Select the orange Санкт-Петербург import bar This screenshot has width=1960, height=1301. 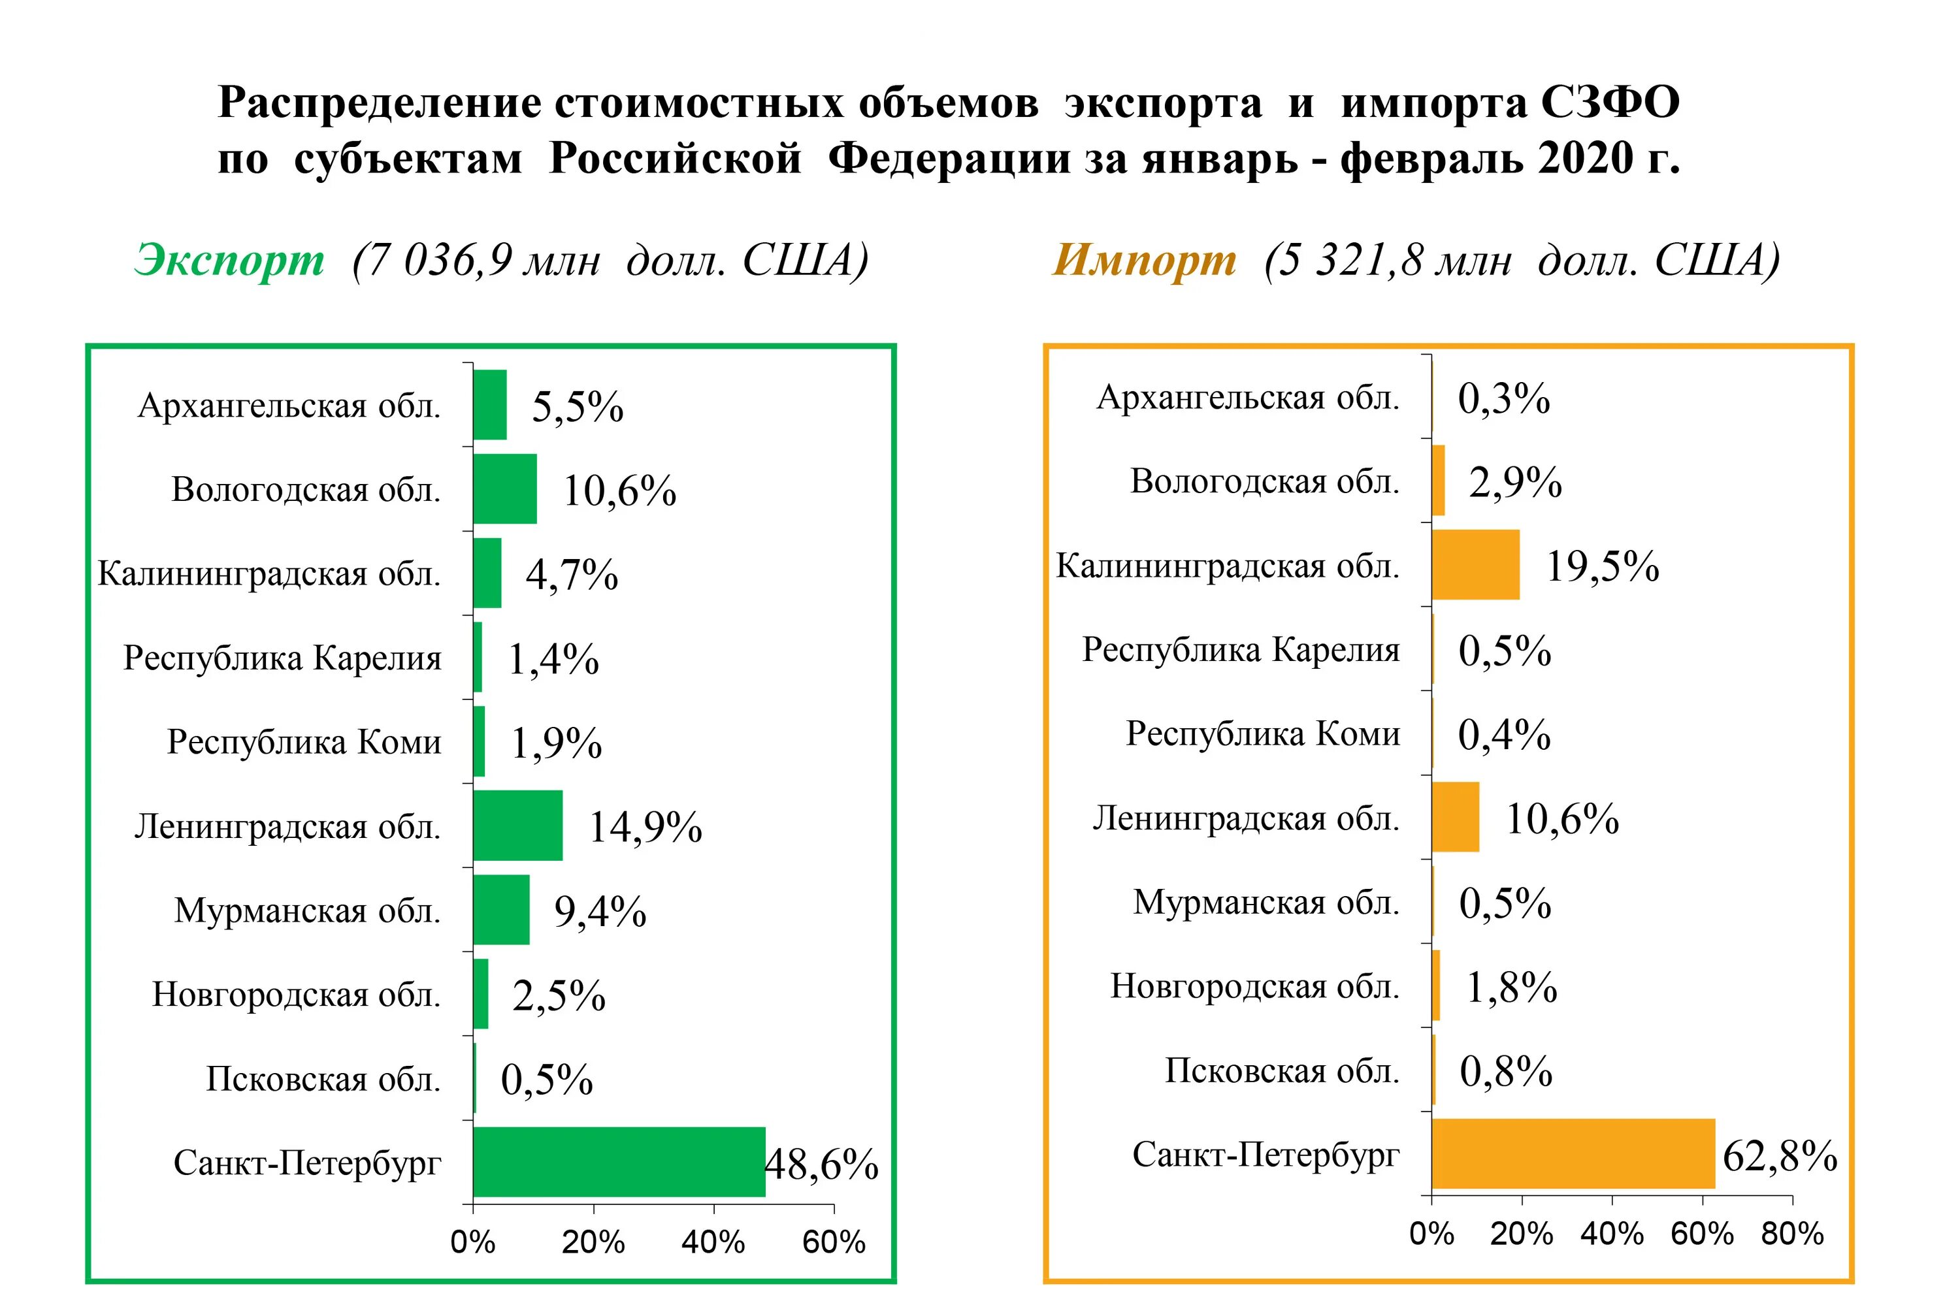pos(1573,1153)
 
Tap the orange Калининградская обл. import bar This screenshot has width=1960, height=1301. pos(1475,564)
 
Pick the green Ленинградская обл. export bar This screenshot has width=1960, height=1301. pos(517,825)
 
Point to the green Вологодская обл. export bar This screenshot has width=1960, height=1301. pos(504,489)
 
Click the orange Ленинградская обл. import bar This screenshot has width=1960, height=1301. pos(1456,817)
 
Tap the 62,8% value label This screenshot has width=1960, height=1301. pos(1779,1156)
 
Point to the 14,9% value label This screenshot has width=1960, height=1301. pos(645,827)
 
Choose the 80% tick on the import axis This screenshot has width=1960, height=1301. pos(1791,1234)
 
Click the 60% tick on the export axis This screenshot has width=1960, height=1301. pos(833,1242)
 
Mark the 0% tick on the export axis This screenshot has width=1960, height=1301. pos(472,1242)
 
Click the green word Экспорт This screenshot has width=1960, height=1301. pos(229,260)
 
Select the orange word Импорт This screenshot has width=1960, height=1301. pos(1144,260)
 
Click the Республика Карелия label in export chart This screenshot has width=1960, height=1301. pos(282,658)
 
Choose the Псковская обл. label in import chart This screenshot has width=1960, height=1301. pos(1281,1070)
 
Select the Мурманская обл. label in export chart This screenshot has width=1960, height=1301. pos(307,910)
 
